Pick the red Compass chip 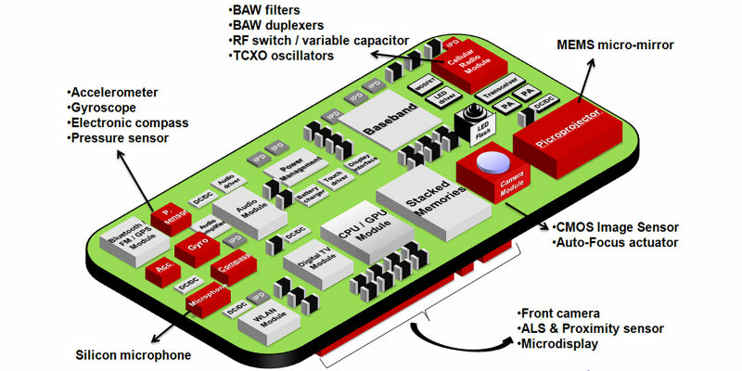pos(235,265)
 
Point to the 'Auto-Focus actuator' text pos(620,243)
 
